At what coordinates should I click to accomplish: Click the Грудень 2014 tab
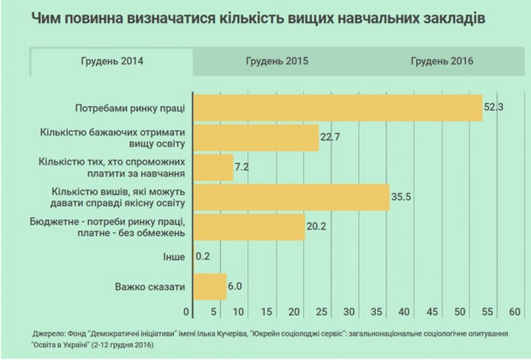(111, 62)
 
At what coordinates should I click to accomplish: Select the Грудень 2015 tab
(277, 62)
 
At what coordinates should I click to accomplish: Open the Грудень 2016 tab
(442, 62)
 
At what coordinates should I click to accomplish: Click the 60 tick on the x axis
(515, 310)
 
